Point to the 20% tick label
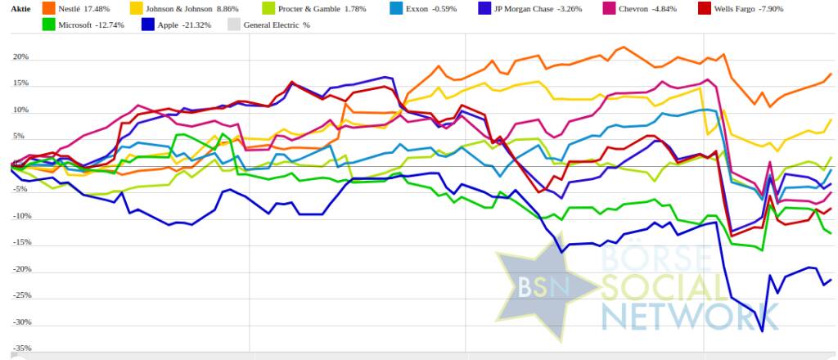tap(20, 57)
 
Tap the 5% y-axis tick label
tap(22, 137)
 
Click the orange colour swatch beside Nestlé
tap(49, 8)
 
